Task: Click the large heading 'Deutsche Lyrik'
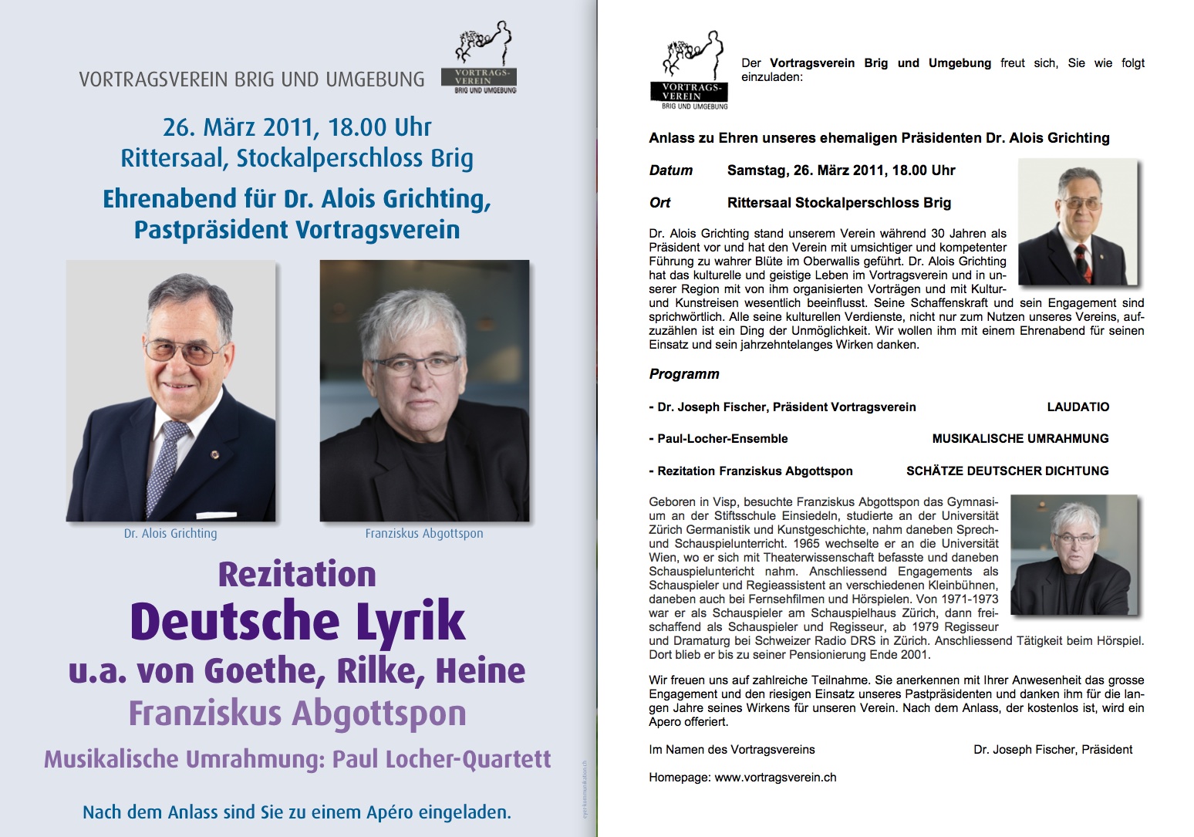point(298,622)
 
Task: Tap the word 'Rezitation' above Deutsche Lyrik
point(297,575)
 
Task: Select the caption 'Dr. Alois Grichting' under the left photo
point(170,533)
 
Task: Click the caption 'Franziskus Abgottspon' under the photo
point(424,533)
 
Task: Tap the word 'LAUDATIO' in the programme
point(1078,407)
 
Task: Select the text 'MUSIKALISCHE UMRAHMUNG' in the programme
point(1020,438)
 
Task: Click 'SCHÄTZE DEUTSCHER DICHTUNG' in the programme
point(1007,471)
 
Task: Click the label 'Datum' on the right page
point(671,170)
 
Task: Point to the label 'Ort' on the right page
point(659,203)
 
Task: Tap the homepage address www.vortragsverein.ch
point(775,778)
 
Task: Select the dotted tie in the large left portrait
point(164,463)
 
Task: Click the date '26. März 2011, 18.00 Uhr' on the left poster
point(297,127)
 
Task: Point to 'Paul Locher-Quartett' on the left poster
point(441,759)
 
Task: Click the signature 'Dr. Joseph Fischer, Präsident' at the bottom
point(1053,749)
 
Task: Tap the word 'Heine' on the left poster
point(481,671)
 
